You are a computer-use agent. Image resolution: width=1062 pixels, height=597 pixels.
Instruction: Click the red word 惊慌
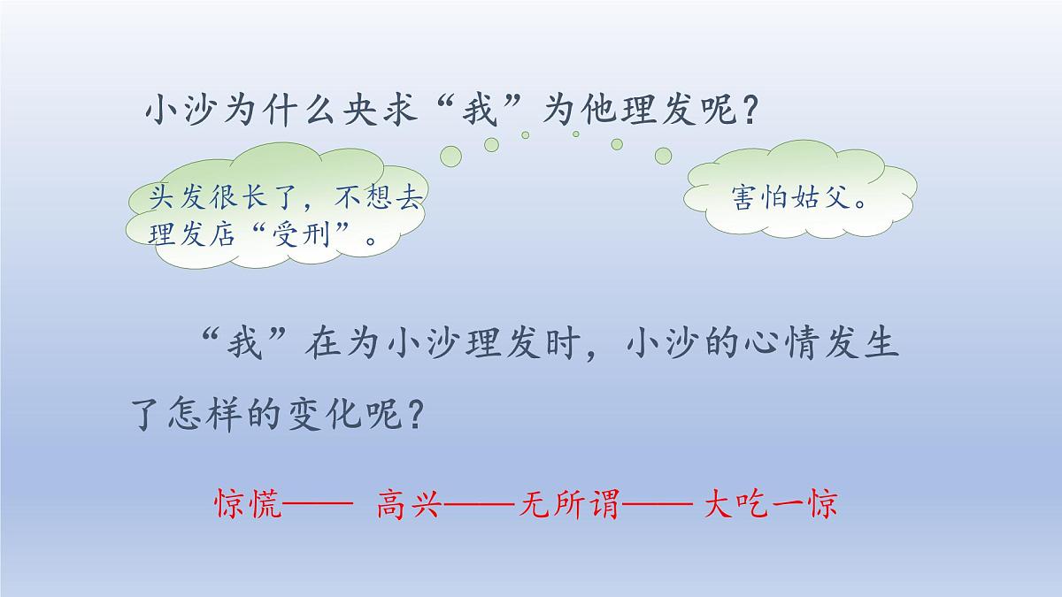(248, 505)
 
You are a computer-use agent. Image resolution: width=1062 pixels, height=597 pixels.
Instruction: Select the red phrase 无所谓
(570, 505)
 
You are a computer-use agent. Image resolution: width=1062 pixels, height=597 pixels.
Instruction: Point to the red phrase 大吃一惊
(771, 505)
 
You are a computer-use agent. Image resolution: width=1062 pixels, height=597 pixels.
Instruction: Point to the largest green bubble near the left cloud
(451, 157)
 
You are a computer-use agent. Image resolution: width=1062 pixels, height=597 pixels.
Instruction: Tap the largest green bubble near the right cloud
(663, 156)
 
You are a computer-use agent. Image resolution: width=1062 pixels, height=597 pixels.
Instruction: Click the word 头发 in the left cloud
(171, 198)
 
